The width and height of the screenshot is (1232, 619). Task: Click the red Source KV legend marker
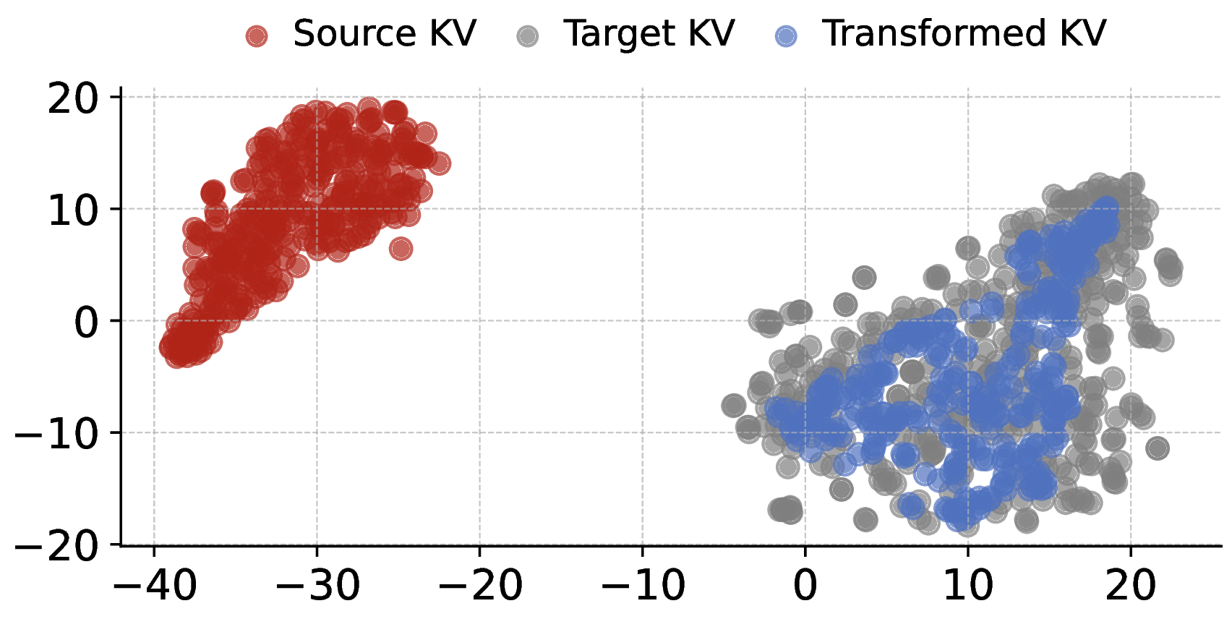(257, 36)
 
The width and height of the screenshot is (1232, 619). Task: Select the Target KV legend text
(649, 34)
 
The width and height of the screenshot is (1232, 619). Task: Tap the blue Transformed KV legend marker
(786, 36)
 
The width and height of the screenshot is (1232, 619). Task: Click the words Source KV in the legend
(384, 34)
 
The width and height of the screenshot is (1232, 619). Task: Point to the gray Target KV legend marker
(529, 36)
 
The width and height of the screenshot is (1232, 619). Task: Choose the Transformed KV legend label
(964, 34)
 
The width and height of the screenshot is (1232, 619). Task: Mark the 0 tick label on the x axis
(805, 586)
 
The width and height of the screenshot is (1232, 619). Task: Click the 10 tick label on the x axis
(968, 586)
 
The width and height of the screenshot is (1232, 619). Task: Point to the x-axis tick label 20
(1131, 586)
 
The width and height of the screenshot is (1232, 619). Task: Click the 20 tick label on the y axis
(72, 98)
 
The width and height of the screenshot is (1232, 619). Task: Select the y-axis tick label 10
(72, 210)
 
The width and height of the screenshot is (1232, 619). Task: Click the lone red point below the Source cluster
(401, 249)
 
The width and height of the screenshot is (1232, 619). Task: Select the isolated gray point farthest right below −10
(1158, 448)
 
